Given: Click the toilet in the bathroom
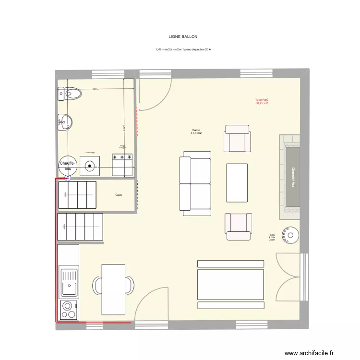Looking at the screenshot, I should [70, 94].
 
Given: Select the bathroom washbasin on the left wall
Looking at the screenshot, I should [64, 122].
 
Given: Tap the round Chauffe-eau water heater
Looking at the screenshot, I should [68, 166].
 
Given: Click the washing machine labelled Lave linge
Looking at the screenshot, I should [90, 166].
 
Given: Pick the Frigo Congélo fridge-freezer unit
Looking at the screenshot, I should [122, 164].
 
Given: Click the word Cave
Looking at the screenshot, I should [119, 195].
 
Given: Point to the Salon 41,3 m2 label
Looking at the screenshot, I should [196, 132].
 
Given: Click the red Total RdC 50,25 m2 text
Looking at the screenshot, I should [262, 101].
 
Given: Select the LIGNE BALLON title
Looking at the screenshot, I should [183, 36].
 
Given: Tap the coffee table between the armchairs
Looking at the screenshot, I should [237, 182].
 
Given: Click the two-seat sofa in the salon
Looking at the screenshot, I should [195, 183].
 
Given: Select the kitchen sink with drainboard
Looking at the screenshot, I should [69, 283].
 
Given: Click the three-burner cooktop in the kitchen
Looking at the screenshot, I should [69, 310].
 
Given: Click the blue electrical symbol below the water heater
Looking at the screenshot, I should [68, 177].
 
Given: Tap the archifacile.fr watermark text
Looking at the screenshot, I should [309, 353].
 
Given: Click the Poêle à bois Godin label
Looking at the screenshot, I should [272, 237].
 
